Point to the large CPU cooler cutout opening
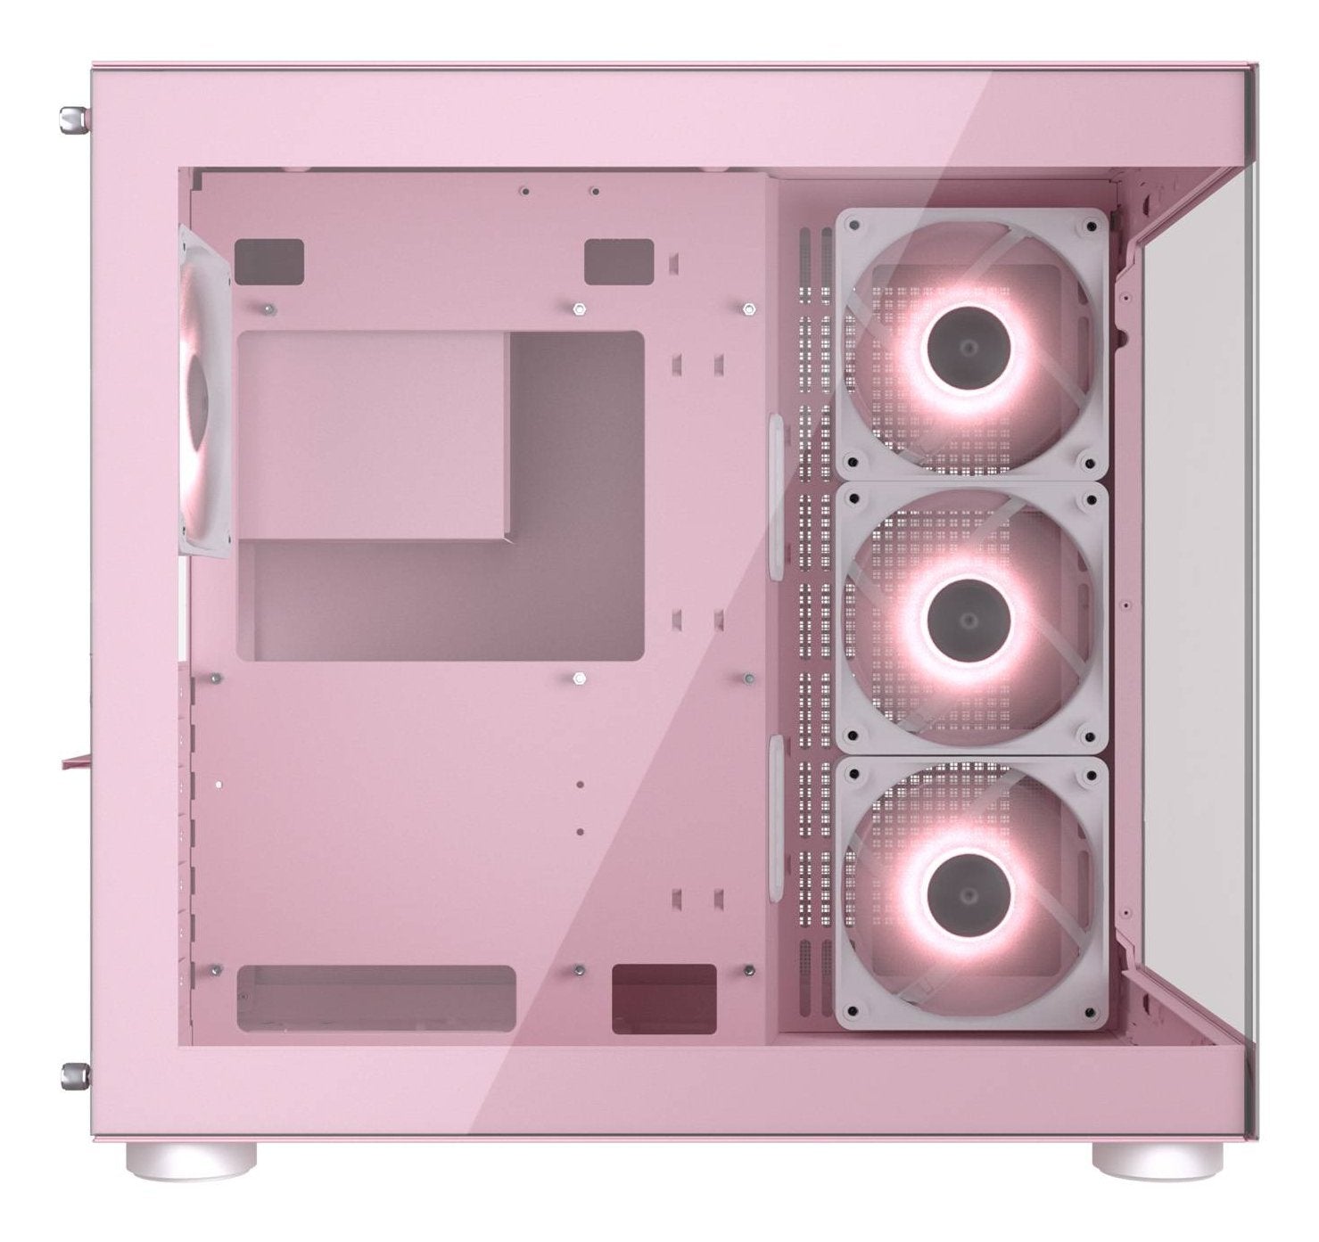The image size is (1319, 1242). [441, 495]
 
